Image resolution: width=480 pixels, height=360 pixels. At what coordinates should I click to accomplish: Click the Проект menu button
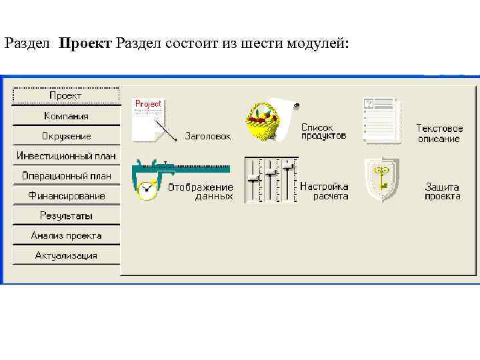coord(66,96)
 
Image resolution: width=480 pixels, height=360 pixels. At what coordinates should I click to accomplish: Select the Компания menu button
coord(66,116)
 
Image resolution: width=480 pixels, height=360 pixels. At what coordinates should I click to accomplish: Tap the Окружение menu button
coord(66,136)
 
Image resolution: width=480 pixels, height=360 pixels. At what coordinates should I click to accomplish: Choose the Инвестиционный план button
coord(66,156)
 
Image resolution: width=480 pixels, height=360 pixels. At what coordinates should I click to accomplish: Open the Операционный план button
coord(66,176)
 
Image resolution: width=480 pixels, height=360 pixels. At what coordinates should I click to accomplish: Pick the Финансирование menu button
coord(66,196)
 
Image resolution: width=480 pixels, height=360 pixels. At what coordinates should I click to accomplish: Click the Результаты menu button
coord(66,216)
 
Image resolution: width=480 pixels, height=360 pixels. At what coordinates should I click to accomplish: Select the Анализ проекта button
coord(66,235)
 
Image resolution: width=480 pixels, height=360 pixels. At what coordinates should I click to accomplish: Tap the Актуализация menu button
coord(66,255)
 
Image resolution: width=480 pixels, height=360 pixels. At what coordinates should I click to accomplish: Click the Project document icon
coord(148,120)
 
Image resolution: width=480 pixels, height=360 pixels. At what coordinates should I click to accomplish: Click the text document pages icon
coord(380,120)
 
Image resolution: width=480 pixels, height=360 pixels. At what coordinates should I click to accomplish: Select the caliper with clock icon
coord(148,179)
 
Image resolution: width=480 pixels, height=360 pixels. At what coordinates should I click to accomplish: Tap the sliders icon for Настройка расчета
coord(270,180)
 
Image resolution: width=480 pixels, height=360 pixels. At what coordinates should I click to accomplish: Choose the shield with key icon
coord(381,180)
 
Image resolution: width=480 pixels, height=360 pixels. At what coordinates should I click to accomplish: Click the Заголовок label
coord(207,136)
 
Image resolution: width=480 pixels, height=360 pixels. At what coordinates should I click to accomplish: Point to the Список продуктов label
coord(323,131)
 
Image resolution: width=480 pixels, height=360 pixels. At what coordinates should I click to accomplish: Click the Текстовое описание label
coord(439,133)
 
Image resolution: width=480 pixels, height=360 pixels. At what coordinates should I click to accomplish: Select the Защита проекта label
coord(443,191)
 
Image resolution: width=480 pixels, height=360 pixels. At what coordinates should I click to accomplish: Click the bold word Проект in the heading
coord(85,44)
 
